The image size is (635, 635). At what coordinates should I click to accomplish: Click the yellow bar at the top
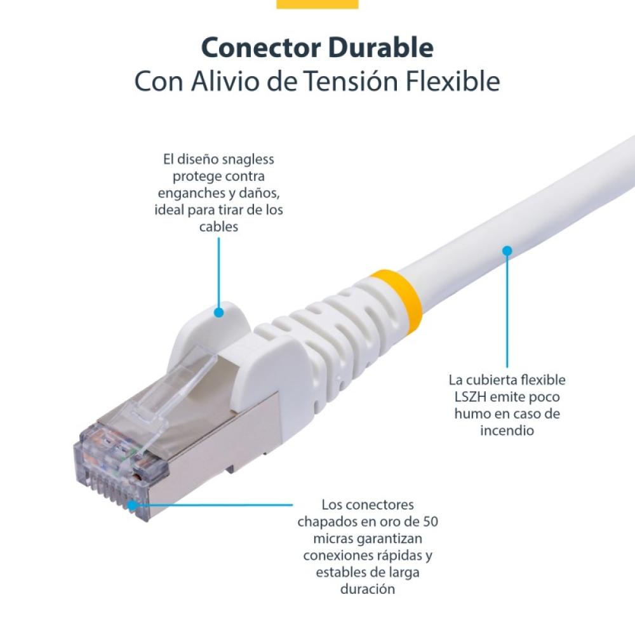317,4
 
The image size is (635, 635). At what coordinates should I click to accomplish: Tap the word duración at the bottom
368,589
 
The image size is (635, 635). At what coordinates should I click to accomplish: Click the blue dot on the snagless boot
218,312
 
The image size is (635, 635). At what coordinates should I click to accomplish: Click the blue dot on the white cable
507,250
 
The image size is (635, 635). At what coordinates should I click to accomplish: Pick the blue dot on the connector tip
132,505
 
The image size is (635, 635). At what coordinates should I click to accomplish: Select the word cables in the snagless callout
218,227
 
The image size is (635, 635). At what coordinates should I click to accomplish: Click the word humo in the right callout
474,414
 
